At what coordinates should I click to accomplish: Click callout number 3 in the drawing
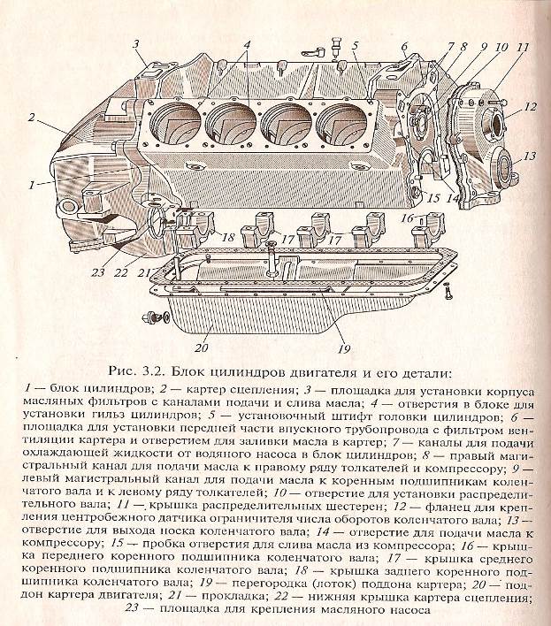point(137,43)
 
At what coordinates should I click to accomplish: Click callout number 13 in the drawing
point(529,156)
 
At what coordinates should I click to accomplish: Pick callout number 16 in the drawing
point(407,217)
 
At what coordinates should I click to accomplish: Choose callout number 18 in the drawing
point(227,238)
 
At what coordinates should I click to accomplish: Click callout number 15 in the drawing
point(432,197)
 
